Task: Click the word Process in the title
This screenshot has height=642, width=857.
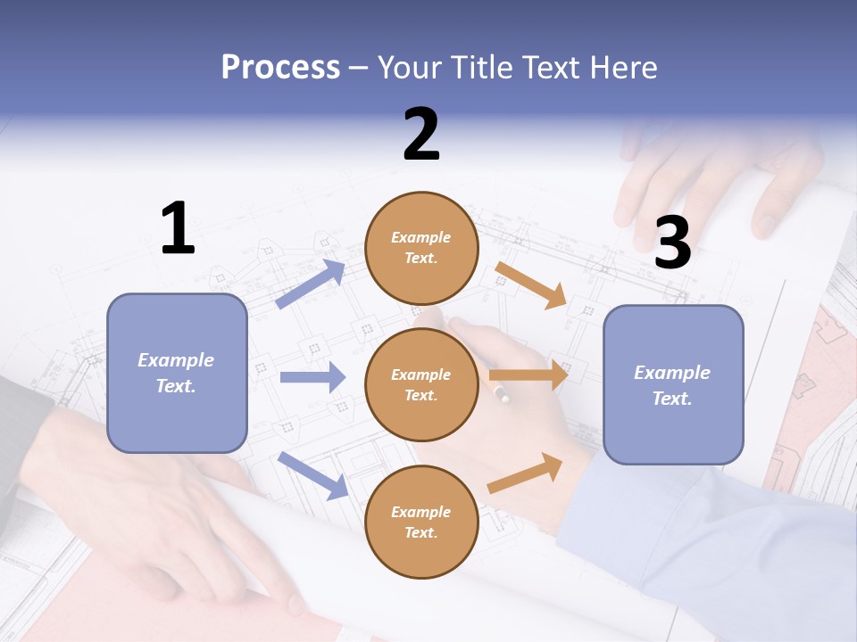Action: (x=280, y=68)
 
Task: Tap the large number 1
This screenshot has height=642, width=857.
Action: (x=178, y=228)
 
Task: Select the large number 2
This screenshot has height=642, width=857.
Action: (x=421, y=135)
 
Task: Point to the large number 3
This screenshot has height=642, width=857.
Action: (x=672, y=243)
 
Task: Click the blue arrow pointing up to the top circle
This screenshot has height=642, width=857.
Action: (x=311, y=284)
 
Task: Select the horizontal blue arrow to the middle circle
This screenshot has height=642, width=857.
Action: (x=312, y=377)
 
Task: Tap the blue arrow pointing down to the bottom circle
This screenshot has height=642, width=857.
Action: (x=313, y=474)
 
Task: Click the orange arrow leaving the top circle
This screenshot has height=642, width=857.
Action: (x=532, y=284)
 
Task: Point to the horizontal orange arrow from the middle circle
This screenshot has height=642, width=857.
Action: (x=528, y=375)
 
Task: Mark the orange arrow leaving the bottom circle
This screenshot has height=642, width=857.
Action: (x=526, y=473)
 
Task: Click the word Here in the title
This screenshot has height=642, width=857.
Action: (x=622, y=68)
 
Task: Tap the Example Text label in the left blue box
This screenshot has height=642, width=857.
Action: (x=176, y=373)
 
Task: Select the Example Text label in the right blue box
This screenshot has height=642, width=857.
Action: (x=672, y=385)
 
